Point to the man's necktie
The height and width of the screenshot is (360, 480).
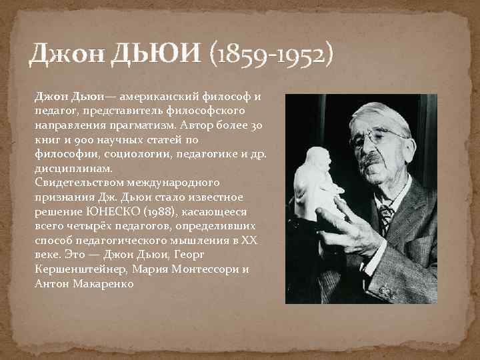coord(385,217)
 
